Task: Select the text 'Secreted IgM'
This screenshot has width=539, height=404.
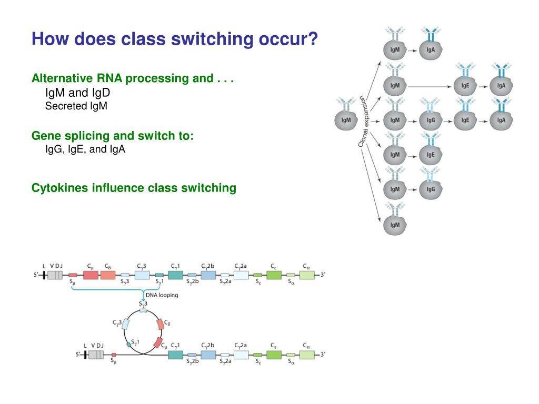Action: (76, 106)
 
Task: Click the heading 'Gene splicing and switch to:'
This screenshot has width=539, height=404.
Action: (113, 136)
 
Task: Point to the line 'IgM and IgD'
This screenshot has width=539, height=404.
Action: (77, 93)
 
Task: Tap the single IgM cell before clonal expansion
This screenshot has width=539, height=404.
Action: (346, 120)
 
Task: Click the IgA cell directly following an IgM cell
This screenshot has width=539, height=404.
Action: (431, 50)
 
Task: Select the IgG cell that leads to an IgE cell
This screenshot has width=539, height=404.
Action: (431, 120)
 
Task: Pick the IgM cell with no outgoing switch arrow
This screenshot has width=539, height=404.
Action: (395, 225)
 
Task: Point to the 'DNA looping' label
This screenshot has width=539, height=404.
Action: (162, 295)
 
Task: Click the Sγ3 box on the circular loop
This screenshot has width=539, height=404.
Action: (143, 310)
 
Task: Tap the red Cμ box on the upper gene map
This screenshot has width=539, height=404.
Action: (91, 275)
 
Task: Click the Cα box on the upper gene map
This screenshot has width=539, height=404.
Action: (306, 275)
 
